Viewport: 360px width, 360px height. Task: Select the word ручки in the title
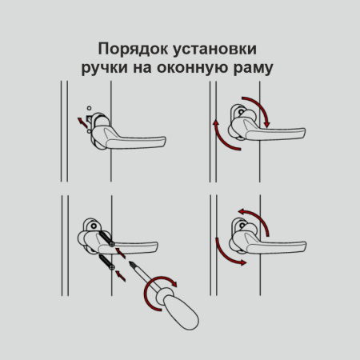104,67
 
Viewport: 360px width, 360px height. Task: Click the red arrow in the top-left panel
81,120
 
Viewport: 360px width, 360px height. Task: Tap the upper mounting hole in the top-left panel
88,107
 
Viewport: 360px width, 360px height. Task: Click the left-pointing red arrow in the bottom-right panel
250,210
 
